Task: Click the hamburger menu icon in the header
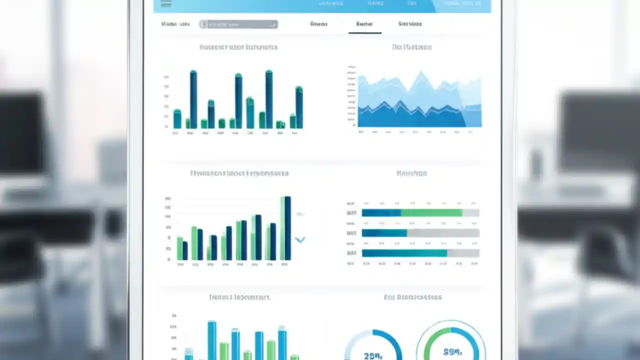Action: [x=166, y=4]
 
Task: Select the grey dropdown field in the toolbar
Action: [x=238, y=24]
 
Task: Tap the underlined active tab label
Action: [x=364, y=24]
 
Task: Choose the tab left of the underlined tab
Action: [x=318, y=24]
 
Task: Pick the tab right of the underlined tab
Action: [x=409, y=24]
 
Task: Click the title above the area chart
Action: [x=411, y=47]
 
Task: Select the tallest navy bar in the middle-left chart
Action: [x=287, y=228]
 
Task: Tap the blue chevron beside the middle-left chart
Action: [x=300, y=240]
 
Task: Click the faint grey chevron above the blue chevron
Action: [x=300, y=214]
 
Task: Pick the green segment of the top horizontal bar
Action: [x=431, y=213]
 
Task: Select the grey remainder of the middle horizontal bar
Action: [x=443, y=233]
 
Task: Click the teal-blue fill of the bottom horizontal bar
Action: [x=404, y=253]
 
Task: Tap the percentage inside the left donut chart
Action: [x=373, y=355]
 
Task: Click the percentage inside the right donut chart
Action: [x=451, y=352]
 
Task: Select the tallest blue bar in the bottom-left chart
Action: [x=212, y=340]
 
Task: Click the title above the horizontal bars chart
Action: [x=411, y=173]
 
